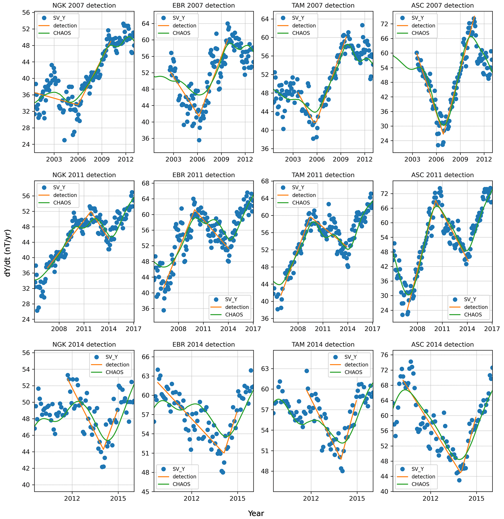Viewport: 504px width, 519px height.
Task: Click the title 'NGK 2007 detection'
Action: [84, 6]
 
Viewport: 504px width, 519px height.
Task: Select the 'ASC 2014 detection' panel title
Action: [442, 344]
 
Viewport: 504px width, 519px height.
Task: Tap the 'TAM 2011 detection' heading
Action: [323, 175]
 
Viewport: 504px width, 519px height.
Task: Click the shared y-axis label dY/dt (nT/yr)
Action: [8, 253]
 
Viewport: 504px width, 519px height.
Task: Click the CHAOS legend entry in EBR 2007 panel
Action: [181, 33]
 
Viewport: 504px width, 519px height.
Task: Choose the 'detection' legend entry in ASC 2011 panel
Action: [476, 307]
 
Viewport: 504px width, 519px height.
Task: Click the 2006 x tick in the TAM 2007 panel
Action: [317, 159]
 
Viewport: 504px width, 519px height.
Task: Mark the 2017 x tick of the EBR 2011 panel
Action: [253, 329]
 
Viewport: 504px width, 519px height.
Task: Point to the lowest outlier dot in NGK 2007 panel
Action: [64, 140]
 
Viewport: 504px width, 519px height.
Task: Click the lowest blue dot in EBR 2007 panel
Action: [199, 140]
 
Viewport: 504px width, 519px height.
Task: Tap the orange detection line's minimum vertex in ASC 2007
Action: [443, 134]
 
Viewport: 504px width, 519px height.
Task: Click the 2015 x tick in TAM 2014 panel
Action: [357, 499]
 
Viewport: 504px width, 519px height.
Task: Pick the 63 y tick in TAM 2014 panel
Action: [265, 369]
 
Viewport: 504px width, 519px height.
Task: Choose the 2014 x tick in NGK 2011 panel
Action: [109, 329]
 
